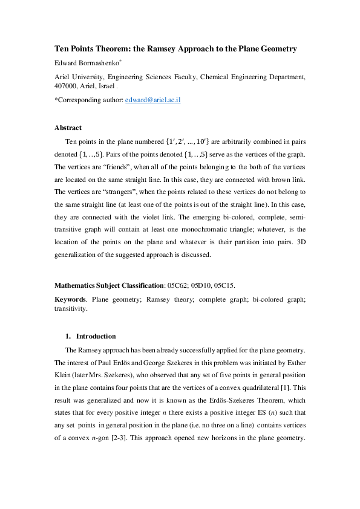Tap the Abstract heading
68,128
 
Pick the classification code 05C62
180,284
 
